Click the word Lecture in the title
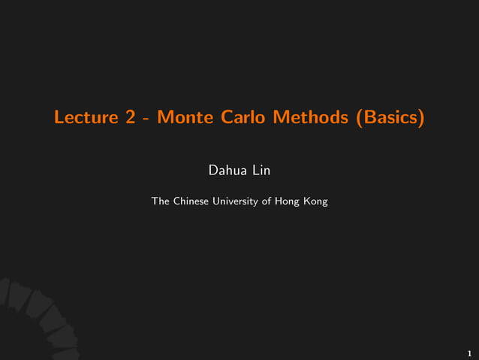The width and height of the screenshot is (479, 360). click(x=83, y=118)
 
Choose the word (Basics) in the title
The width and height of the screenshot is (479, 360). click(x=390, y=118)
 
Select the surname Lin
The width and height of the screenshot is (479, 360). click(x=261, y=172)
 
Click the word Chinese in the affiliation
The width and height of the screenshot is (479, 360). click(x=193, y=201)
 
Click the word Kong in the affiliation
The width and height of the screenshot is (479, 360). click(x=315, y=201)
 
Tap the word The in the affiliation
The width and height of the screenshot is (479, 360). click(x=161, y=201)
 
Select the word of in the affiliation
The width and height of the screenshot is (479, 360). click(x=267, y=201)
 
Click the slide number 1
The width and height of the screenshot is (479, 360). click(x=469, y=352)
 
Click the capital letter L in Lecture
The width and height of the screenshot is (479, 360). click(x=59, y=118)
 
